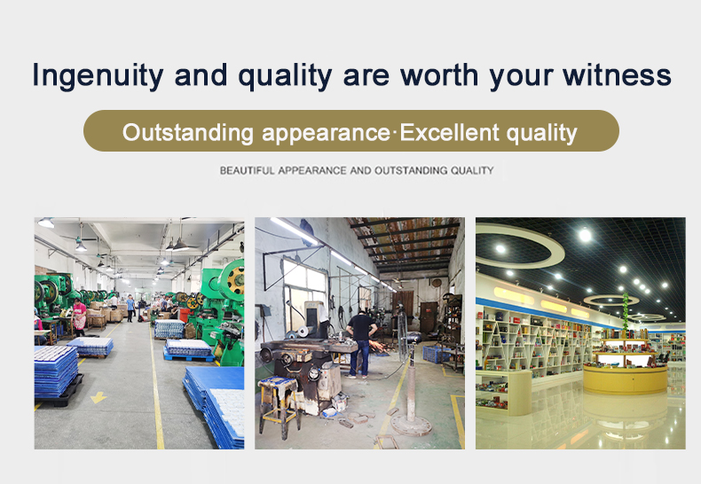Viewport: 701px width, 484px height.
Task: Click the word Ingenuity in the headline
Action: [x=98, y=75]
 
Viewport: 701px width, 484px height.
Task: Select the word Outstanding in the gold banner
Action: [x=188, y=133]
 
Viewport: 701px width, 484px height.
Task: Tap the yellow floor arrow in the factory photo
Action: [x=98, y=397]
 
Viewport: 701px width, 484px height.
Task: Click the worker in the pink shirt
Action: [x=79, y=316]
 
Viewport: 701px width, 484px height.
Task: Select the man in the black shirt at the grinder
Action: [x=361, y=343]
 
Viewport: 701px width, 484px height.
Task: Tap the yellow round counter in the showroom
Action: [x=625, y=379]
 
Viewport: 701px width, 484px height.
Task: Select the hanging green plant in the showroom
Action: [x=626, y=309]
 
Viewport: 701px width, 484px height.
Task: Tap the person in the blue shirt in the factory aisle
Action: [x=130, y=308]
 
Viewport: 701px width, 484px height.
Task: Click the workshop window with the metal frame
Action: [x=305, y=294]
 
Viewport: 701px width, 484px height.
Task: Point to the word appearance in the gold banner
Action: [x=326, y=134]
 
